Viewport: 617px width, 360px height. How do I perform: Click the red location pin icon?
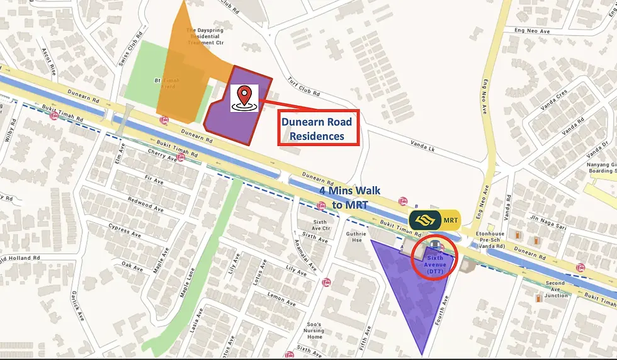pos(244,98)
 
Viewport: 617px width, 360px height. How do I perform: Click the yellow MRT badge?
pos(434,220)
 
